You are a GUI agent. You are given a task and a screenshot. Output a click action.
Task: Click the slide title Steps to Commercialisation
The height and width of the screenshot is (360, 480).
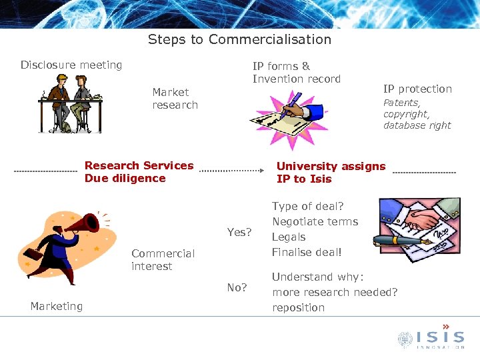(239, 39)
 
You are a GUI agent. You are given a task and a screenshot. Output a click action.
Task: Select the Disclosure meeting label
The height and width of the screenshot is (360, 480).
(71, 65)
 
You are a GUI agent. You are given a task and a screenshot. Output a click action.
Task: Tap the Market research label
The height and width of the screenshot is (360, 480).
(175, 99)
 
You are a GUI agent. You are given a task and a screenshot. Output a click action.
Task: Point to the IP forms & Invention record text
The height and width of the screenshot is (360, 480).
(296, 72)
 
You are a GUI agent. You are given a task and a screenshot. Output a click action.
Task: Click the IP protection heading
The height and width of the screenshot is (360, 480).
(417, 89)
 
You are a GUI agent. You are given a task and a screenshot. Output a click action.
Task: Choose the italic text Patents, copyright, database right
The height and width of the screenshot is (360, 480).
(417, 114)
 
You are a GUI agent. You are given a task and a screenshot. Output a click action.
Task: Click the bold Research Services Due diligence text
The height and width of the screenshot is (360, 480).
(139, 172)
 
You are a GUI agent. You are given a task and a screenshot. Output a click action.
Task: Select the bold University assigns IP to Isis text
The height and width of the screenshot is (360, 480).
(331, 173)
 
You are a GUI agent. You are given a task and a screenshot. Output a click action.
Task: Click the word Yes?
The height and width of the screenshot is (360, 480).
(239, 232)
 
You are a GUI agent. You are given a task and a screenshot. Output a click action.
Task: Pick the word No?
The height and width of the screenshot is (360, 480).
(237, 288)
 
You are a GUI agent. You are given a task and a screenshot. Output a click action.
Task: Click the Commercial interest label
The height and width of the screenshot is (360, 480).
(163, 260)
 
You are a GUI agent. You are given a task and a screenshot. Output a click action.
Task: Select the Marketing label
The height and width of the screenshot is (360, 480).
(57, 306)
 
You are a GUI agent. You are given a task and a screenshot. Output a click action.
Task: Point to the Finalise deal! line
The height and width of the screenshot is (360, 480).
(307, 252)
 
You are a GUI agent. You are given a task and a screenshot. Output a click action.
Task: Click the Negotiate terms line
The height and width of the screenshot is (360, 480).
(315, 221)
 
